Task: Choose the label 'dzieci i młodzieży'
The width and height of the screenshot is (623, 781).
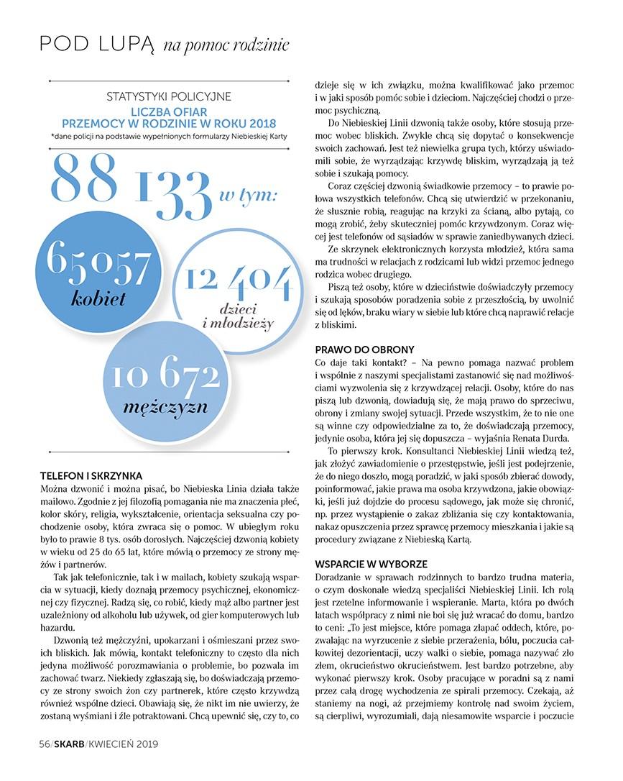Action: click(x=238, y=316)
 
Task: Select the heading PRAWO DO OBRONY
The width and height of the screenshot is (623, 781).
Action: click(x=364, y=350)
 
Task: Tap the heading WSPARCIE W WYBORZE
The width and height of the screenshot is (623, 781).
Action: click(x=372, y=564)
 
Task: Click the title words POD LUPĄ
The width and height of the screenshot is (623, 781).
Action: click(x=97, y=45)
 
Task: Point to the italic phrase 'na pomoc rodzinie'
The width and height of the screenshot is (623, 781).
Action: click(x=226, y=46)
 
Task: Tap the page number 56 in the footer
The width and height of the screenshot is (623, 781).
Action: click(x=44, y=744)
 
